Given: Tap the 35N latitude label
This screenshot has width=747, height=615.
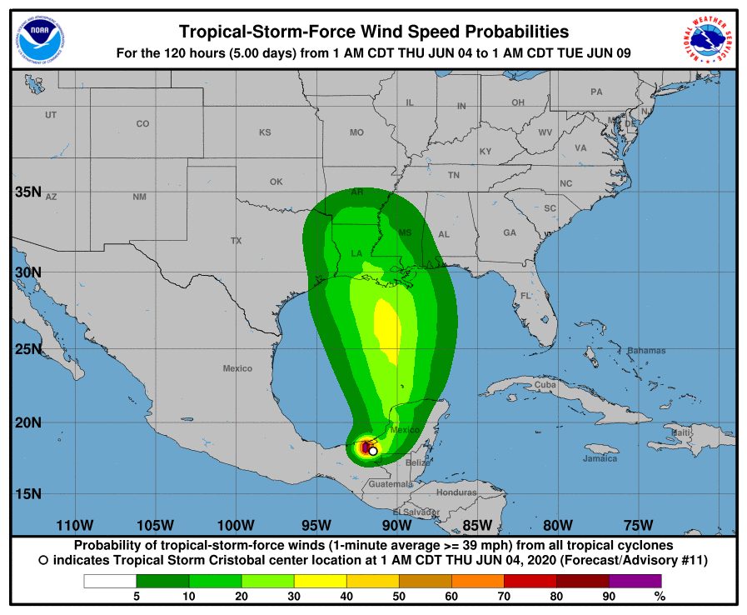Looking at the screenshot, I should pos(28,192).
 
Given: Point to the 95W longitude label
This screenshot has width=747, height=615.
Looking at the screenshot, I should pos(316,525).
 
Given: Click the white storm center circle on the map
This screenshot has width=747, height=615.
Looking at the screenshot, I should pos(373,451).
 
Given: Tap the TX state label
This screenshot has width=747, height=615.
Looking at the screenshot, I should pos(236,241).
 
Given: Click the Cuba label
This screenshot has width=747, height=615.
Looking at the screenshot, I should pos(545,385).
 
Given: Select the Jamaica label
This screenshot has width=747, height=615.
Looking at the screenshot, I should pos(600,459).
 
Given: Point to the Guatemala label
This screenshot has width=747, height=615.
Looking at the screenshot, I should pos(391,484).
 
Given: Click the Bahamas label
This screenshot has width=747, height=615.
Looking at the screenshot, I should pos(646,351).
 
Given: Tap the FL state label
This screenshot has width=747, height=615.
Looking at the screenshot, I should pos(525,296).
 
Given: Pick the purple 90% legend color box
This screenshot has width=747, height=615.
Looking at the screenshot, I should pos(635,581).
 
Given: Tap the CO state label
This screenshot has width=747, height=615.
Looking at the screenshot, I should pos(142,124).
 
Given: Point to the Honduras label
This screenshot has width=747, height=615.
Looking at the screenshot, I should pos(456,492).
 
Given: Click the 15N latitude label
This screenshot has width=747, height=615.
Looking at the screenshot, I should pos(28,493).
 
